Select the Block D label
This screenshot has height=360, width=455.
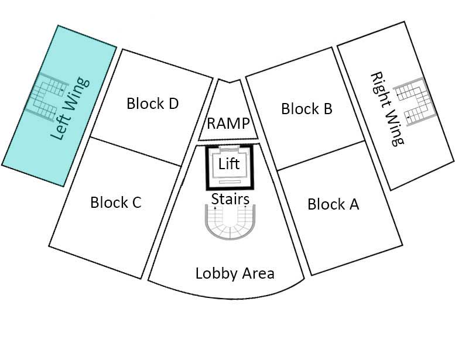coord(152,104)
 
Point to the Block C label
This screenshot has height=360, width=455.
coord(116,203)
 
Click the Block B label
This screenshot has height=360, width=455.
coord(307,108)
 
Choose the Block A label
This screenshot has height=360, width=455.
coord(333,204)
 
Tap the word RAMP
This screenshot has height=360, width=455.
coord(229,124)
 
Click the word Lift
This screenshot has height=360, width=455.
coord(229,164)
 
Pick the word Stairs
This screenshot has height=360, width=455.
coord(230,199)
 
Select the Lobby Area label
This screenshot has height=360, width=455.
coord(235,273)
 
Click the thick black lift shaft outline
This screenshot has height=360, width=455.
coord(206,168)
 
